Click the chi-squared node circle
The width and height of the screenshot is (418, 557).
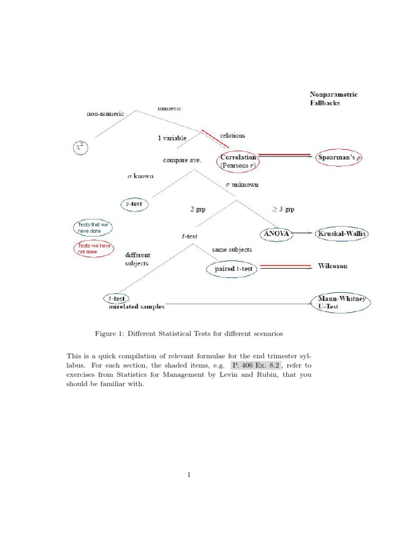pos(81,147)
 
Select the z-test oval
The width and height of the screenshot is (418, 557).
pos(134,204)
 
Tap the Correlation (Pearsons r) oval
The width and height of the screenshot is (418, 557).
pos(238,162)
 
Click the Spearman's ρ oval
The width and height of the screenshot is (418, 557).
pos(340,157)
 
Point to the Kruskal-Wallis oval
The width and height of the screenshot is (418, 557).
pos(343,234)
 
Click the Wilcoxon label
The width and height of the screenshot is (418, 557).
pos(333,266)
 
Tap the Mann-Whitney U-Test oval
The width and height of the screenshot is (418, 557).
pos(341,302)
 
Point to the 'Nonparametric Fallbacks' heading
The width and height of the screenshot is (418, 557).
pos(333,98)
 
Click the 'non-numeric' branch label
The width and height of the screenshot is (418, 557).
pos(106,114)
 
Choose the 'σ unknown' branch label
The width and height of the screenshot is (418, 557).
pos(242,185)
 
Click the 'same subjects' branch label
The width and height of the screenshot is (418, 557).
pos(232,250)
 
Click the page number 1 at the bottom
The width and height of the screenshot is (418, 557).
pos(189,475)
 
